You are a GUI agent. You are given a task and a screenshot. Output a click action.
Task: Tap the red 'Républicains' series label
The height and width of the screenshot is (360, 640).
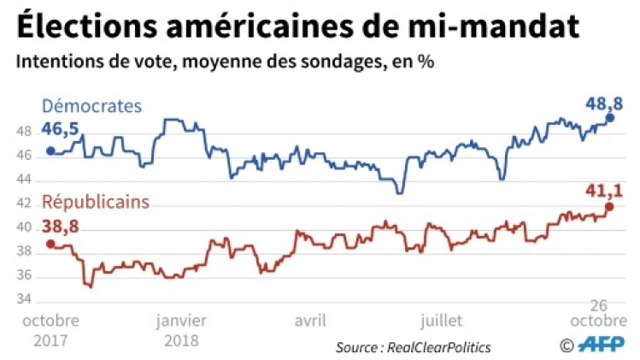96,203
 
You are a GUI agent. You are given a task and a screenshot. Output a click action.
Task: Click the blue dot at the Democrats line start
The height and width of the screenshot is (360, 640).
50,151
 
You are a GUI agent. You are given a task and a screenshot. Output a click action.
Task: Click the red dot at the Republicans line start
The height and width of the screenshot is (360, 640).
50,245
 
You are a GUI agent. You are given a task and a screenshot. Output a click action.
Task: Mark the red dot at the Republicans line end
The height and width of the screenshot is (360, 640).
610,206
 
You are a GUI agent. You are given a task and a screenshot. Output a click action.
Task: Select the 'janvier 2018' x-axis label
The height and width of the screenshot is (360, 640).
180,329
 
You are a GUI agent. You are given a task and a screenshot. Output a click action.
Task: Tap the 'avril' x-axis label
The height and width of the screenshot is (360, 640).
311,321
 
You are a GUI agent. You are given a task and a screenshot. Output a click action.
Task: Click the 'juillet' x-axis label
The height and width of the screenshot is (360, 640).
441,321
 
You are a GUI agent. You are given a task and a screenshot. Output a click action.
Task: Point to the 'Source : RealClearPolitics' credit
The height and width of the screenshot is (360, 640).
413,346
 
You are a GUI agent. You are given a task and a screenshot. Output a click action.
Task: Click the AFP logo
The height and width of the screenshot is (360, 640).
602,345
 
